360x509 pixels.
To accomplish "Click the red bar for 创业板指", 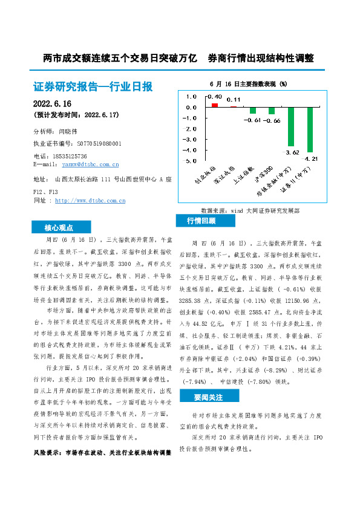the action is [215, 105].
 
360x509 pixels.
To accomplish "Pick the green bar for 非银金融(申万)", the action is [291, 126].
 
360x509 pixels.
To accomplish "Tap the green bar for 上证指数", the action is [253, 111].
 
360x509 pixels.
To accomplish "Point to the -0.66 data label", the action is [272, 121].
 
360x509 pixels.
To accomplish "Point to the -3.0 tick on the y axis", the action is [191, 140].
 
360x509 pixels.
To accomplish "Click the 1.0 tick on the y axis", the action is [192, 97].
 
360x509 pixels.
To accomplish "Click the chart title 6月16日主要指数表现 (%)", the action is [247, 83].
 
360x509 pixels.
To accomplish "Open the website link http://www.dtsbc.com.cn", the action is [90, 200].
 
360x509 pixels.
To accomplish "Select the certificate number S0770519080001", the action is [91, 144].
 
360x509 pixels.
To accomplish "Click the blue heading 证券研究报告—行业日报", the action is [94, 87].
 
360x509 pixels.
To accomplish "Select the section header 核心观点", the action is [59, 228].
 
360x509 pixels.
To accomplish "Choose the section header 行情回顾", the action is [201, 221].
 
